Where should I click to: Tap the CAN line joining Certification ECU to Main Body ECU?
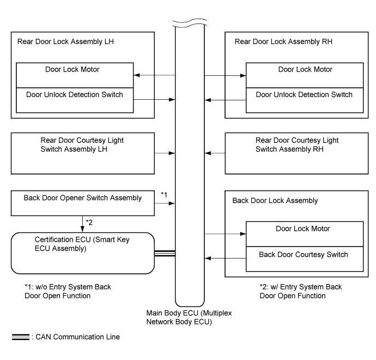(x=165, y=254)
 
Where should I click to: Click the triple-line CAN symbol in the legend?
(x=21, y=337)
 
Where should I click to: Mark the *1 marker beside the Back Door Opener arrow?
(x=164, y=194)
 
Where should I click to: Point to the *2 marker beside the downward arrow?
(x=89, y=223)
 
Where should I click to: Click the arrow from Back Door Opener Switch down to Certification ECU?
(x=82, y=224)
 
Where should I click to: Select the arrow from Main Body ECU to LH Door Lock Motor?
(x=154, y=75)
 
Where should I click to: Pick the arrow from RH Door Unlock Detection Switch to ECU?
(x=226, y=100)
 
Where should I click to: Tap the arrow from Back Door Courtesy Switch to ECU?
(x=226, y=258)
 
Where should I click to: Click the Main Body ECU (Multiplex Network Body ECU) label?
(x=189, y=317)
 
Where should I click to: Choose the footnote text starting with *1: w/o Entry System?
(x=68, y=291)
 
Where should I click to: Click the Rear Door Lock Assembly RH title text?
(x=283, y=41)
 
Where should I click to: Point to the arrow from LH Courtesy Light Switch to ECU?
(x=165, y=153)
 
